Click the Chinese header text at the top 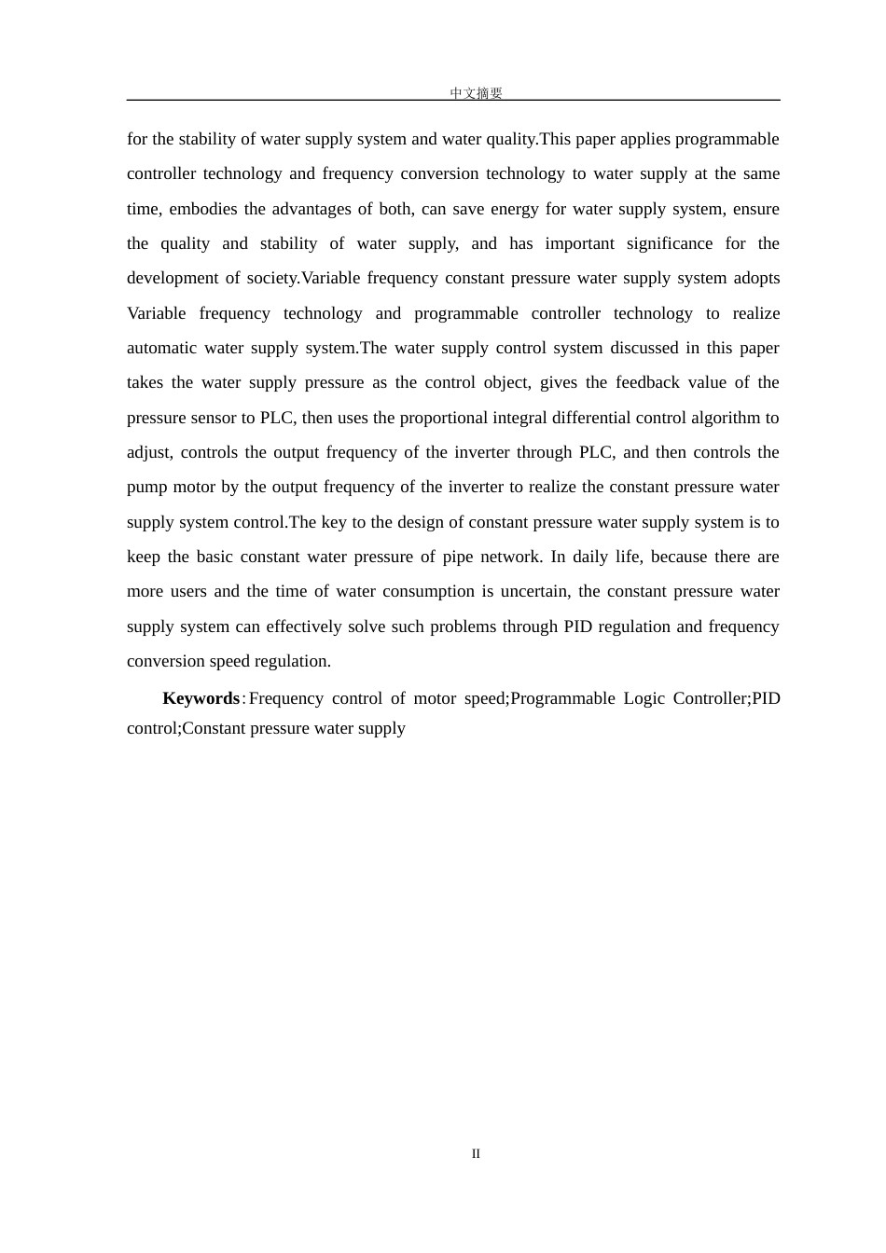(x=476, y=93)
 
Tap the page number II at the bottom (x=476, y=1153)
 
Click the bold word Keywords (x=201, y=698)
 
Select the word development (x=173, y=278)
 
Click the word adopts (x=757, y=278)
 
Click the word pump (x=145, y=488)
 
